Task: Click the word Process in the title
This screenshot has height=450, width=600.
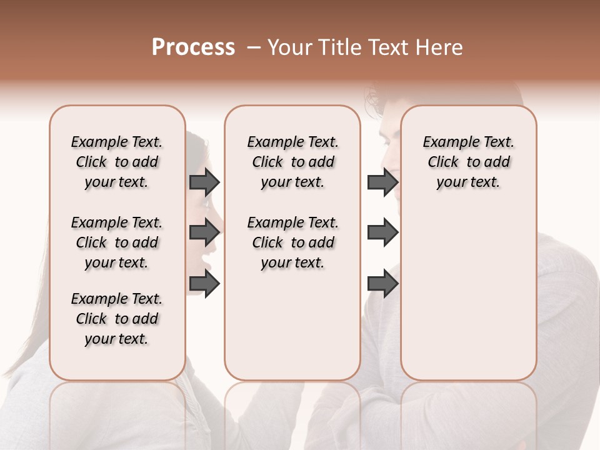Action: pyautogui.click(x=193, y=47)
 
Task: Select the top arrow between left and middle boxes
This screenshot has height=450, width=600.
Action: pyautogui.click(x=204, y=182)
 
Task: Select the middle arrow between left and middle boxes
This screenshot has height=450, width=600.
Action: pyautogui.click(x=204, y=232)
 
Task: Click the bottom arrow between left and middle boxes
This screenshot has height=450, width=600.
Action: pyautogui.click(x=204, y=284)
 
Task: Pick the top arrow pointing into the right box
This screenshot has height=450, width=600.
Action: pyautogui.click(x=382, y=182)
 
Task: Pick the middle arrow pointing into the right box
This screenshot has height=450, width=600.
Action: pyautogui.click(x=382, y=232)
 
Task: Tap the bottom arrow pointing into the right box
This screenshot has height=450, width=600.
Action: pyautogui.click(x=382, y=284)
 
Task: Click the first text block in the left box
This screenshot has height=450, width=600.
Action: pyautogui.click(x=117, y=162)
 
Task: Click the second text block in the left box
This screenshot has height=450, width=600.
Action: pyautogui.click(x=117, y=242)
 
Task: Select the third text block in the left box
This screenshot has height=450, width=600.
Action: pyautogui.click(x=117, y=319)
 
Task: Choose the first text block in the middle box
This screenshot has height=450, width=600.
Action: pyautogui.click(x=293, y=162)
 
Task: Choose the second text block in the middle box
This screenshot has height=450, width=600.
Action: pyautogui.click(x=293, y=242)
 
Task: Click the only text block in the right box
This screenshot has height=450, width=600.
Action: pyautogui.click(x=469, y=162)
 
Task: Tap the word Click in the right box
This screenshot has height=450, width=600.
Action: pyautogui.click(x=443, y=162)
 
